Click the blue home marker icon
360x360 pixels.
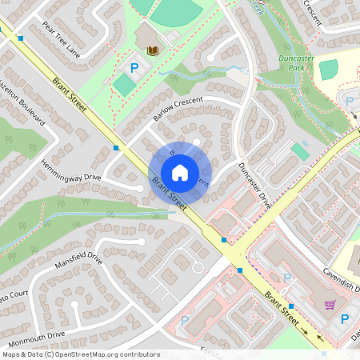179,172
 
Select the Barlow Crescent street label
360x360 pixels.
178,108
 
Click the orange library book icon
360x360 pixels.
153,50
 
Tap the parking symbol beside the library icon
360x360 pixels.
134,69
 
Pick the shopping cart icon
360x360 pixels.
330,305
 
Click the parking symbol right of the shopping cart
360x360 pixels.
346,318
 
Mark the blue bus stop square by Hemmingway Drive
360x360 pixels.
117,148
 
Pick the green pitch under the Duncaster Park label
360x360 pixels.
328,70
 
